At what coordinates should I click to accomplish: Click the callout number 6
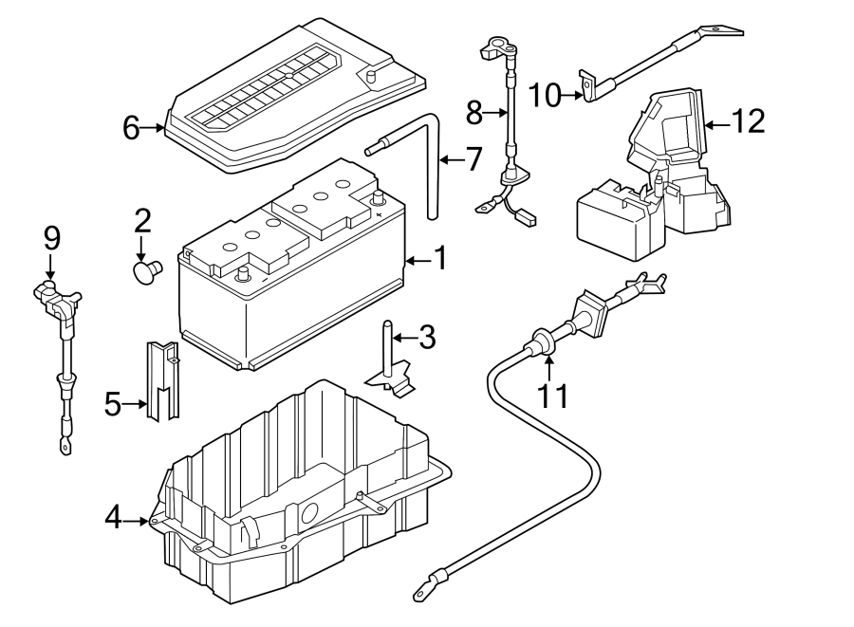click(x=131, y=128)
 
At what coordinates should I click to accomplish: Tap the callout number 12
click(x=748, y=120)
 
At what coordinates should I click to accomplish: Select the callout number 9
click(x=52, y=239)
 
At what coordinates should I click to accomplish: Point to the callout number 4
click(x=113, y=518)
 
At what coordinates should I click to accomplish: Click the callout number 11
click(x=553, y=396)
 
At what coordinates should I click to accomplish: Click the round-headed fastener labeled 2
click(x=148, y=270)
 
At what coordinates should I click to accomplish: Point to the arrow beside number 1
click(x=418, y=261)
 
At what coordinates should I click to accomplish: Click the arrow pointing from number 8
click(x=494, y=113)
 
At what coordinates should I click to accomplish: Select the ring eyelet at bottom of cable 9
click(x=65, y=448)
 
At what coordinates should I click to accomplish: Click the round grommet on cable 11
click(x=539, y=342)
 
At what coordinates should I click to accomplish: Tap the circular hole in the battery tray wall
click(x=308, y=513)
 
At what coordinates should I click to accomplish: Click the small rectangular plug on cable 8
click(x=526, y=218)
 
